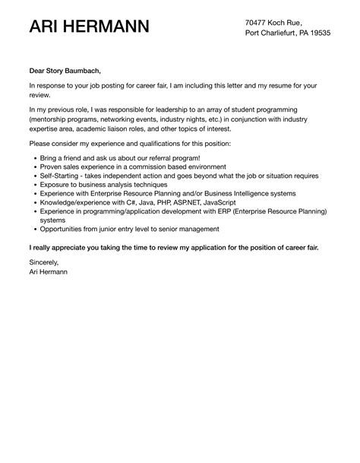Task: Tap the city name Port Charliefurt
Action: [272, 34]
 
